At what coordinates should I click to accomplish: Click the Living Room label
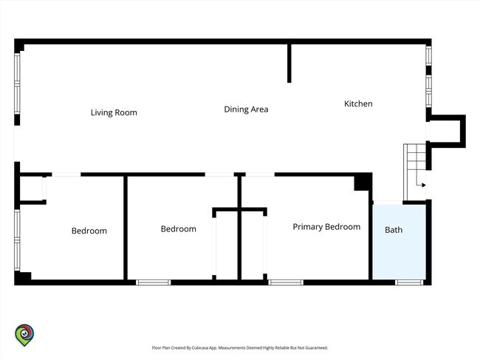click(x=114, y=113)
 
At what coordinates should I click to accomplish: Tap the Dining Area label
click(x=246, y=109)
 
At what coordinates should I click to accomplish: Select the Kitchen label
click(x=358, y=104)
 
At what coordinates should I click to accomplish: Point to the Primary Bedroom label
click(x=326, y=227)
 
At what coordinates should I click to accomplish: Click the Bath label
click(x=394, y=230)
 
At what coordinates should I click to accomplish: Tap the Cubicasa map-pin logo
click(x=24, y=335)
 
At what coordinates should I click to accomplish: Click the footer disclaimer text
click(x=240, y=347)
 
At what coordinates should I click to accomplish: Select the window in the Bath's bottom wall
click(x=409, y=282)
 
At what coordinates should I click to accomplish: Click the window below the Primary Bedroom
click(x=286, y=282)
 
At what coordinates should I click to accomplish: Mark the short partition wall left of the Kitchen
click(x=289, y=64)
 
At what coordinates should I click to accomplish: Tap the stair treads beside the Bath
click(x=415, y=171)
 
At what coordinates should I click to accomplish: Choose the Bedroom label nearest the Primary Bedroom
click(x=179, y=229)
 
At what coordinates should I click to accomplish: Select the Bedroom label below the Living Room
click(x=89, y=231)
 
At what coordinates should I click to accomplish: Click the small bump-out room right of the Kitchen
click(x=446, y=131)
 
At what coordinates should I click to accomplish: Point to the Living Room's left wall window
click(x=17, y=84)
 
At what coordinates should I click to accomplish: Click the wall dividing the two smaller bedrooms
click(x=126, y=228)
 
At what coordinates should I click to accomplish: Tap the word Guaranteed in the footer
click(x=318, y=347)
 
